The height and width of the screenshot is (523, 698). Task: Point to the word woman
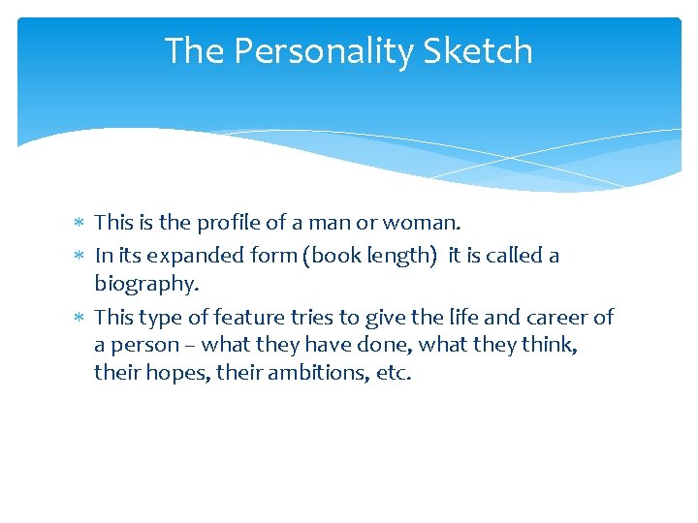[x=423, y=222]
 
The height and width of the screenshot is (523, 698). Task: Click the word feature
[x=246, y=317]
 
